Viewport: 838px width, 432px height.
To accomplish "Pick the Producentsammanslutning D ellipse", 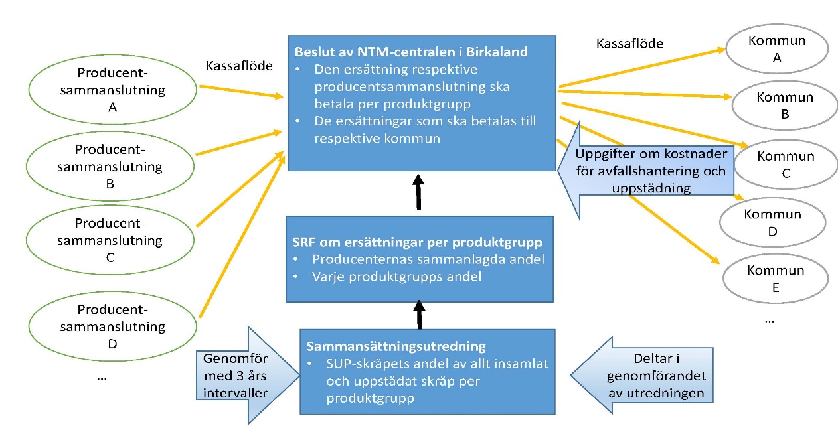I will (112, 326).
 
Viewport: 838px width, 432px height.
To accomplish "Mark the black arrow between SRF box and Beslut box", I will (418, 192).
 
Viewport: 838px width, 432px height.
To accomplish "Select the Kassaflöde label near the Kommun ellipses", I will (629, 43).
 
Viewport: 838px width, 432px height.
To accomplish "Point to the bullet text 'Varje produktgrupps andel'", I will (396, 277).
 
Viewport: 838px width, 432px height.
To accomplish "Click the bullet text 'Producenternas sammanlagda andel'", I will (428, 259).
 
